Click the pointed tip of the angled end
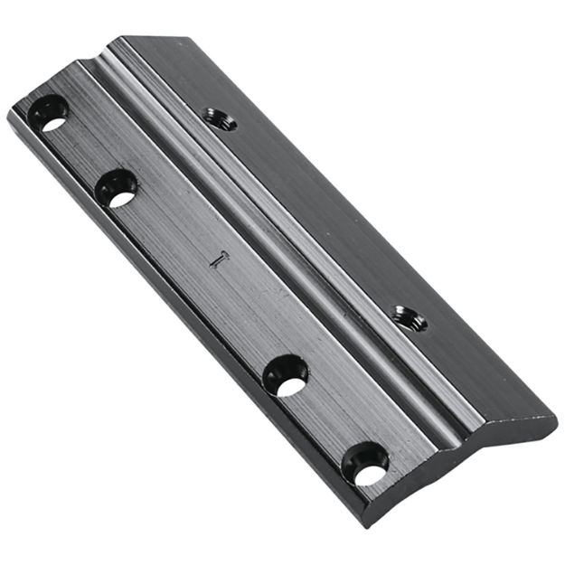click(x=554, y=422)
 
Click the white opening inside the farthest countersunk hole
click(x=53, y=122)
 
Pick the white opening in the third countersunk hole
click(x=290, y=385)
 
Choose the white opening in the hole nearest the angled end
click(x=370, y=472)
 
